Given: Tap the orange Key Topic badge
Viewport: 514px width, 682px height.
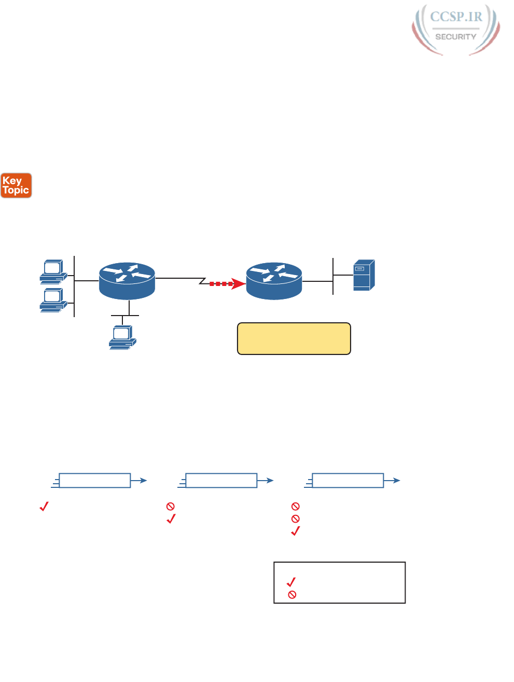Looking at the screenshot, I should [x=16, y=186].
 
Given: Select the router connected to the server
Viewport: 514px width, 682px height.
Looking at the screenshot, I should [x=274, y=281].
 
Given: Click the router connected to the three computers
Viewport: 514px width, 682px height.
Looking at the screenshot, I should [x=127, y=281].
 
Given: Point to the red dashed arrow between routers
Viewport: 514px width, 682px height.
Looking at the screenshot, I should [x=226, y=284].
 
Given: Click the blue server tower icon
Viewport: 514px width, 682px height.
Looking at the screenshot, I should [x=364, y=275].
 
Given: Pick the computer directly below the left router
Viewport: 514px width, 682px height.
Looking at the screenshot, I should [x=122, y=338].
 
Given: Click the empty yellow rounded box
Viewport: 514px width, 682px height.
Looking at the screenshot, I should [x=294, y=339].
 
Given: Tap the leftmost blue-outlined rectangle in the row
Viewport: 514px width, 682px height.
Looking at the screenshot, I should [x=95, y=481].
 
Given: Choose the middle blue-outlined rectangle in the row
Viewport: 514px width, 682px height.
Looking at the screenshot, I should [x=221, y=481].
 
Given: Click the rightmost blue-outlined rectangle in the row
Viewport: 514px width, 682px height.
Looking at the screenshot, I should [x=348, y=481].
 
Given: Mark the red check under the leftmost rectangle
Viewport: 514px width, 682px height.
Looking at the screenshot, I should [x=44, y=506].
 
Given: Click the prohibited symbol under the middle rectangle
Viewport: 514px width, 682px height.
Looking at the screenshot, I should [x=171, y=506].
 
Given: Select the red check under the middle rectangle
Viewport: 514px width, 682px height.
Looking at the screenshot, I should [x=171, y=519].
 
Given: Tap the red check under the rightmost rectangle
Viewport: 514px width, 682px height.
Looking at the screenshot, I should [x=296, y=531].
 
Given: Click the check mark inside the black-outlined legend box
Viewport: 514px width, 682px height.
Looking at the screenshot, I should [x=291, y=582].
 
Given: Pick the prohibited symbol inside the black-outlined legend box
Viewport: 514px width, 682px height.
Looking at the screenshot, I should [x=292, y=595].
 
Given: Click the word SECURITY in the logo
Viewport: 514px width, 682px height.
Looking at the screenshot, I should [x=456, y=37].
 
